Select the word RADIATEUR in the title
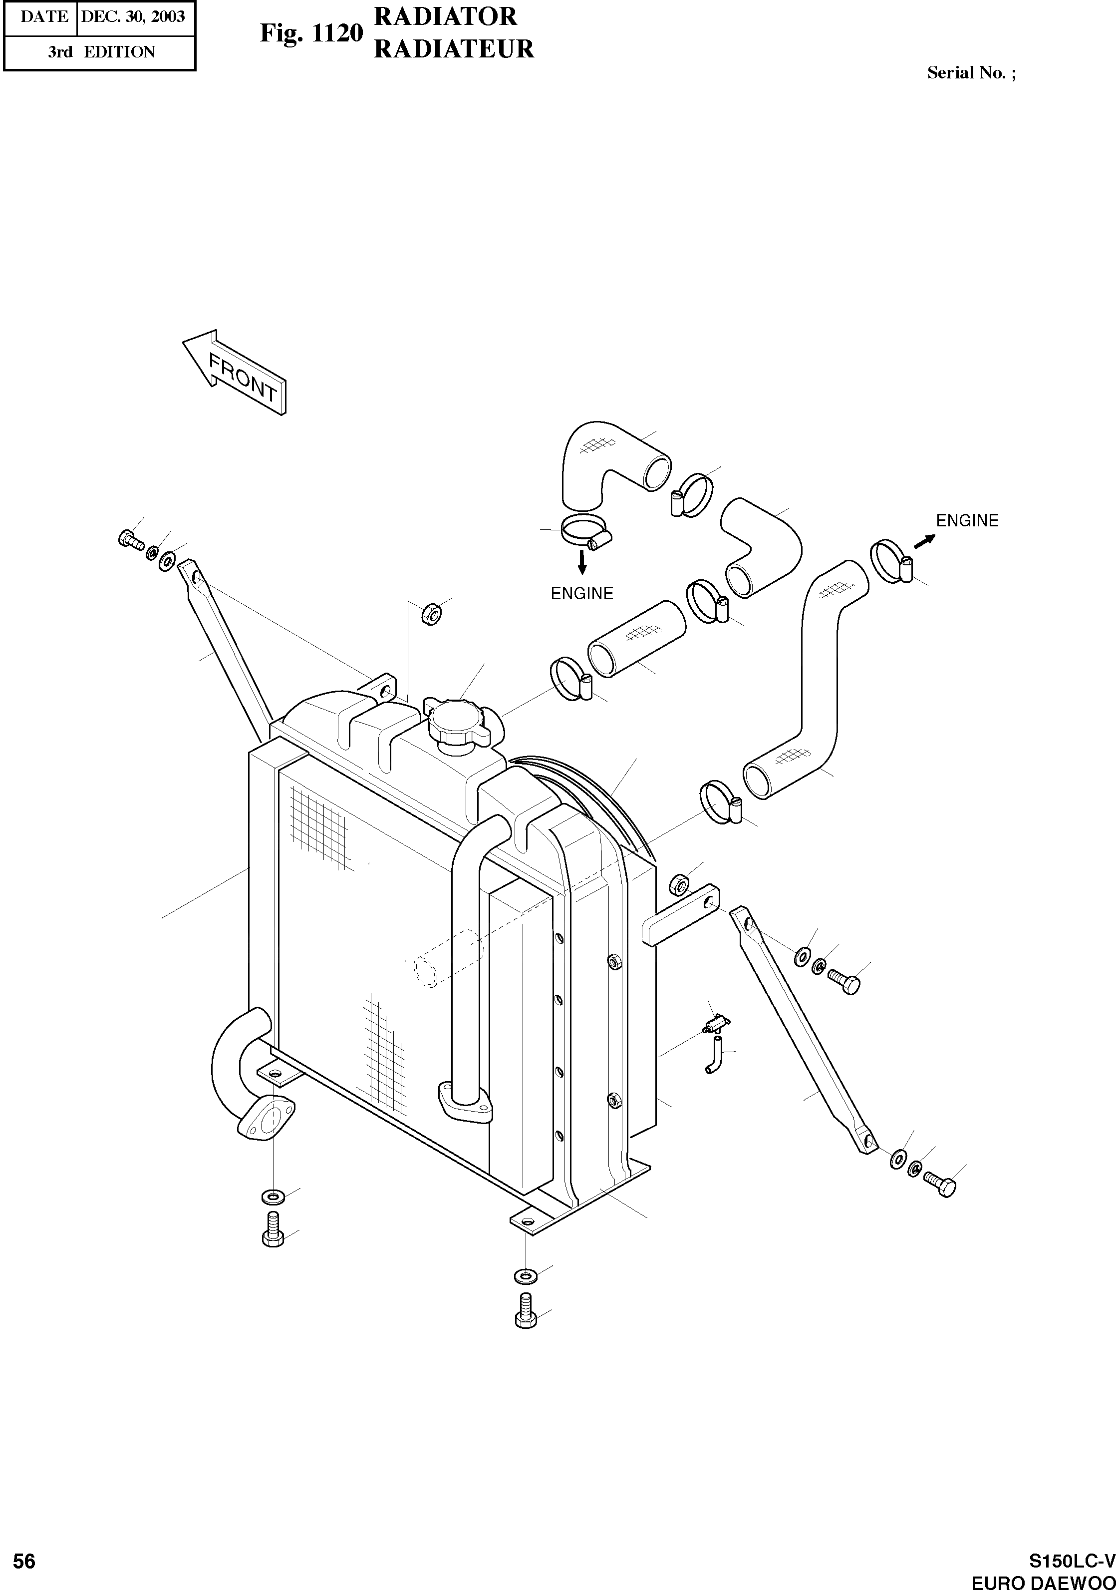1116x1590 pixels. pos(454,49)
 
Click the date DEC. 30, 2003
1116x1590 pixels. pos(133,16)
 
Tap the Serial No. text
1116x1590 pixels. pos(971,73)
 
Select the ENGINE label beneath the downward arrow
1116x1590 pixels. pos(581,593)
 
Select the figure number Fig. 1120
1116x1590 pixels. pos(311,32)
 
